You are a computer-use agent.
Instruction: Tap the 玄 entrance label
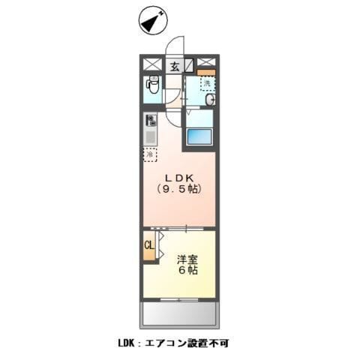point(174,65)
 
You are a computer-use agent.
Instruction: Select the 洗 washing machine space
point(208,82)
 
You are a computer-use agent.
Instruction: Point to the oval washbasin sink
point(211,100)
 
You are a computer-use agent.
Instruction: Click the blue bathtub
point(200,137)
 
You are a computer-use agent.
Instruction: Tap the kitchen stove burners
point(151,120)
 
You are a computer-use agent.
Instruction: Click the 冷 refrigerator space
point(151,154)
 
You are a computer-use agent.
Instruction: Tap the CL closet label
point(148,244)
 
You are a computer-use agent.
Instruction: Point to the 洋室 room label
point(187,259)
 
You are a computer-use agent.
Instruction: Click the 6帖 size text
point(187,271)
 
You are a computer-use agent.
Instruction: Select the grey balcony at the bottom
point(178,313)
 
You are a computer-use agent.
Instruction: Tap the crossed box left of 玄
point(152,64)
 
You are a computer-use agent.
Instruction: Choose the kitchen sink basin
point(151,137)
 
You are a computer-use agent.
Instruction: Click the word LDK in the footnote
point(127,343)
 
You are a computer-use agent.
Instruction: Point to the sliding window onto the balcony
point(178,301)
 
